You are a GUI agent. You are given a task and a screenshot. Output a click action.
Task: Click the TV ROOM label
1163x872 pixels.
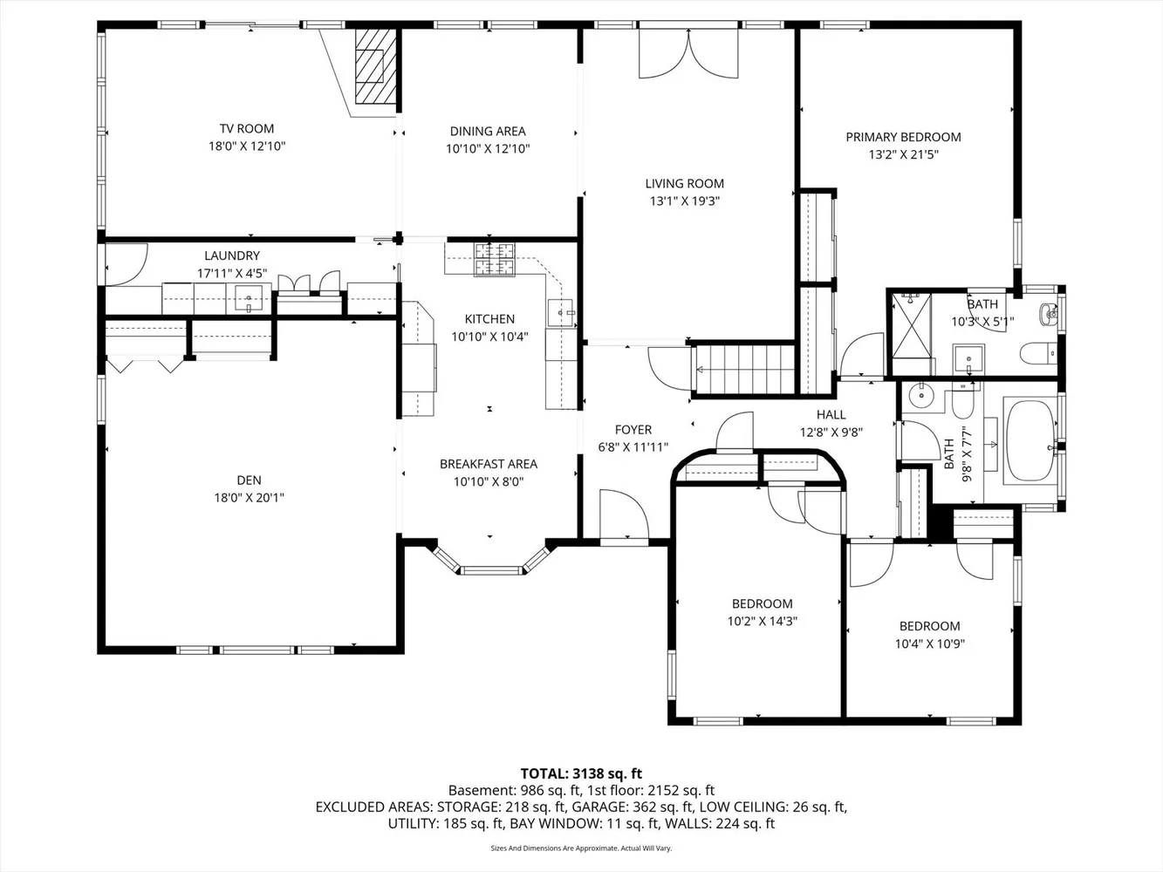pyautogui.click(x=247, y=129)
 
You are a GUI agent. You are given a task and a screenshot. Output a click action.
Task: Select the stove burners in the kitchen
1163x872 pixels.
pyautogui.click(x=495, y=260)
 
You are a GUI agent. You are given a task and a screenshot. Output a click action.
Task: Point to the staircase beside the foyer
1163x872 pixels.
pyautogui.click(x=744, y=370)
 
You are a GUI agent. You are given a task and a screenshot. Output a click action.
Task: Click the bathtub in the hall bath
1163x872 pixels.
pyautogui.click(x=1030, y=440)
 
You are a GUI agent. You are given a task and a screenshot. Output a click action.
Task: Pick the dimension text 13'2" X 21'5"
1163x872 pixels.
pyautogui.click(x=903, y=154)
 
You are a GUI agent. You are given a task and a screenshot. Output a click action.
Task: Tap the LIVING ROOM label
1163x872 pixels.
pyautogui.click(x=685, y=184)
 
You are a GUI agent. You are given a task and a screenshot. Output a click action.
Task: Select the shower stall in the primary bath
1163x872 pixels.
pyautogui.click(x=912, y=326)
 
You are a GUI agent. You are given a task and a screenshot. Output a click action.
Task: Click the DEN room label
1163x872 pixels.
pyautogui.click(x=249, y=480)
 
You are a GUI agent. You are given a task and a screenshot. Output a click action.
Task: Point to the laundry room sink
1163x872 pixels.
pyautogui.click(x=249, y=299)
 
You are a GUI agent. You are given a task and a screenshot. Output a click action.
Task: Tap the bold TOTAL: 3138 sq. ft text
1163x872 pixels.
pyautogui.click(x=581, y=773)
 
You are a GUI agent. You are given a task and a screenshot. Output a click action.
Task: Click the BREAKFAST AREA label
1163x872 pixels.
pyautogui.click(x=489, y=464)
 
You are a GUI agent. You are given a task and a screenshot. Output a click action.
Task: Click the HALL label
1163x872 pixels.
pyautogui.click(x=831, y=414)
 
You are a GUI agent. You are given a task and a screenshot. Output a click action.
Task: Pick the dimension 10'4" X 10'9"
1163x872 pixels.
pyautogui.click(x=930, y=644)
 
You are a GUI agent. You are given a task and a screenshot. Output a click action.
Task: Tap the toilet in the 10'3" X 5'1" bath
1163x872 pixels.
pyautogui.click(x=1038, y=354)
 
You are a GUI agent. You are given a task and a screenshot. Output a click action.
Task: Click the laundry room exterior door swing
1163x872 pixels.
pyautogui.click(x=127, y=265)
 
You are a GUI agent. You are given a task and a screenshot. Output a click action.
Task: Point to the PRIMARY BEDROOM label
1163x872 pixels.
pyautogui.click(x=903, y=137)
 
